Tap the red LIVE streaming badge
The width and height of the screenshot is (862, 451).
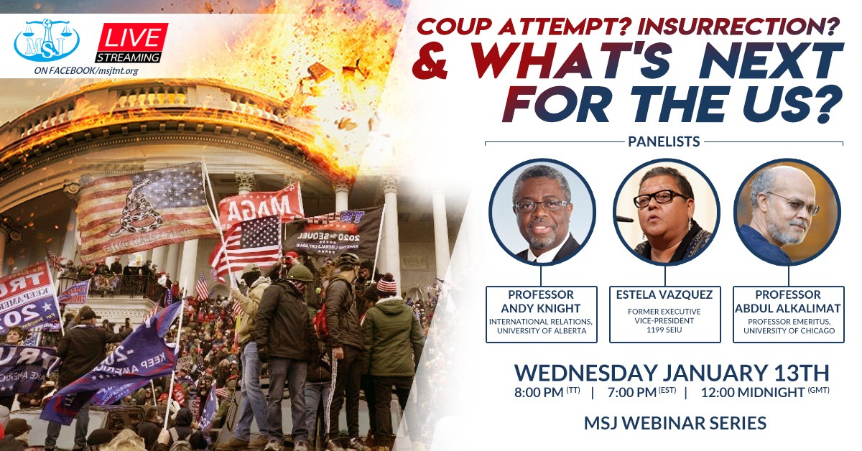tap(131, 42)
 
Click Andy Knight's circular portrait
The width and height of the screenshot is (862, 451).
tap(542, 212)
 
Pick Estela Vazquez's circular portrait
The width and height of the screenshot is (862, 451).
tap(665, 212)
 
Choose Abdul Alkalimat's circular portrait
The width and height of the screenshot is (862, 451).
tap(787, 212)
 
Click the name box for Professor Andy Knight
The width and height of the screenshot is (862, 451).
tap(542, 314)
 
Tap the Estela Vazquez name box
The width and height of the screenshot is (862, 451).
tap(664, 314)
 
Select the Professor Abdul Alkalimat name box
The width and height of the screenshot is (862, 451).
tap(788, 314)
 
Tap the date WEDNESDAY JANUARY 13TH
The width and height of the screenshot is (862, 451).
tap(672, 373)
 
